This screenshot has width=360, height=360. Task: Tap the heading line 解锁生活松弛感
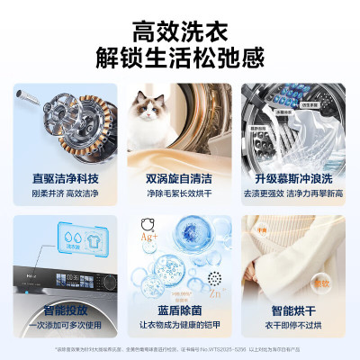[x=180, y=59]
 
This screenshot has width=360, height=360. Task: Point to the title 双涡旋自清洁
[x=180, y=178]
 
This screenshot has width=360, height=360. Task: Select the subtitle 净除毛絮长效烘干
[x=180, y=194]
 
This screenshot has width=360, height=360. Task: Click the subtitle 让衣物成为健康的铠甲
[x=180, y=325]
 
